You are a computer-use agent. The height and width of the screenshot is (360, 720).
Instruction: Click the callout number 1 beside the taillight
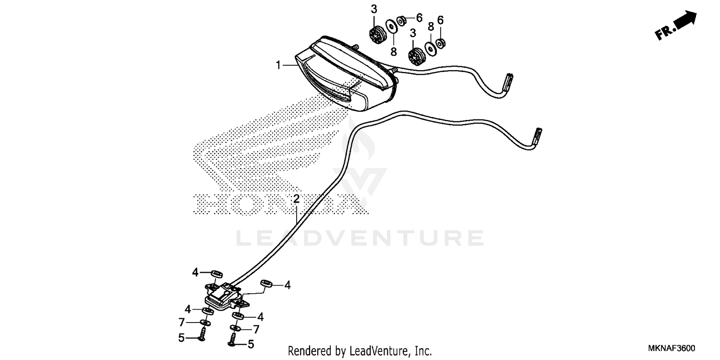tap(278, 65)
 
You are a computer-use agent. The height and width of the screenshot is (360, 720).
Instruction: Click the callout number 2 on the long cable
tap(297, 199)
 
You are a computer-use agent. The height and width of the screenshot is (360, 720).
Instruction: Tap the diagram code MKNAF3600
tap(673, 348)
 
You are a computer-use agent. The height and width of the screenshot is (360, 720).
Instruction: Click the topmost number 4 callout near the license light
tap(195, 273)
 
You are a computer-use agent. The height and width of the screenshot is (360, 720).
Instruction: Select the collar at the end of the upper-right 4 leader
tap(266, 283)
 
